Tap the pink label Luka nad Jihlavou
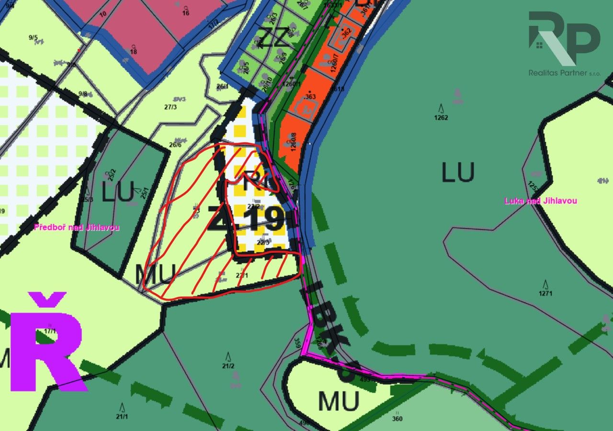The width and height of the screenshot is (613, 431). (540, 201)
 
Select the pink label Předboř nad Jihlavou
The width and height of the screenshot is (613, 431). (77, 227)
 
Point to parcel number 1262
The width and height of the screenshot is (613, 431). (441, 117)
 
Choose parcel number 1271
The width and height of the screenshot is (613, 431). (545, 293)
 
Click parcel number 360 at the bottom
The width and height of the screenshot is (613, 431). (397, 419)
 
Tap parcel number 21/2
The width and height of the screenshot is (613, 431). (228, 366)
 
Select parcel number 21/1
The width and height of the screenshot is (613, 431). (122, 417)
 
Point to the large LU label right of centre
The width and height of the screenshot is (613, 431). (458, 172)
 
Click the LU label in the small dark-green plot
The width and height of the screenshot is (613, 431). (118, 193)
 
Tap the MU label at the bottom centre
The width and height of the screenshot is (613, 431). (339, 401)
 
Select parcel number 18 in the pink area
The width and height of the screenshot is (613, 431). (133, 52)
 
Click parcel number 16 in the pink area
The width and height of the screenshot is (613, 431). (186, 13)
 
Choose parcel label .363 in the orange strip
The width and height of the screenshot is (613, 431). (310, 96)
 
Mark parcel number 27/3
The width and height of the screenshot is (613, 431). (170, 107)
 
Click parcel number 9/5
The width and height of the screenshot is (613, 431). (33, 38)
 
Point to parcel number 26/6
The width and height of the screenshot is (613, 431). (175, 145)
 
